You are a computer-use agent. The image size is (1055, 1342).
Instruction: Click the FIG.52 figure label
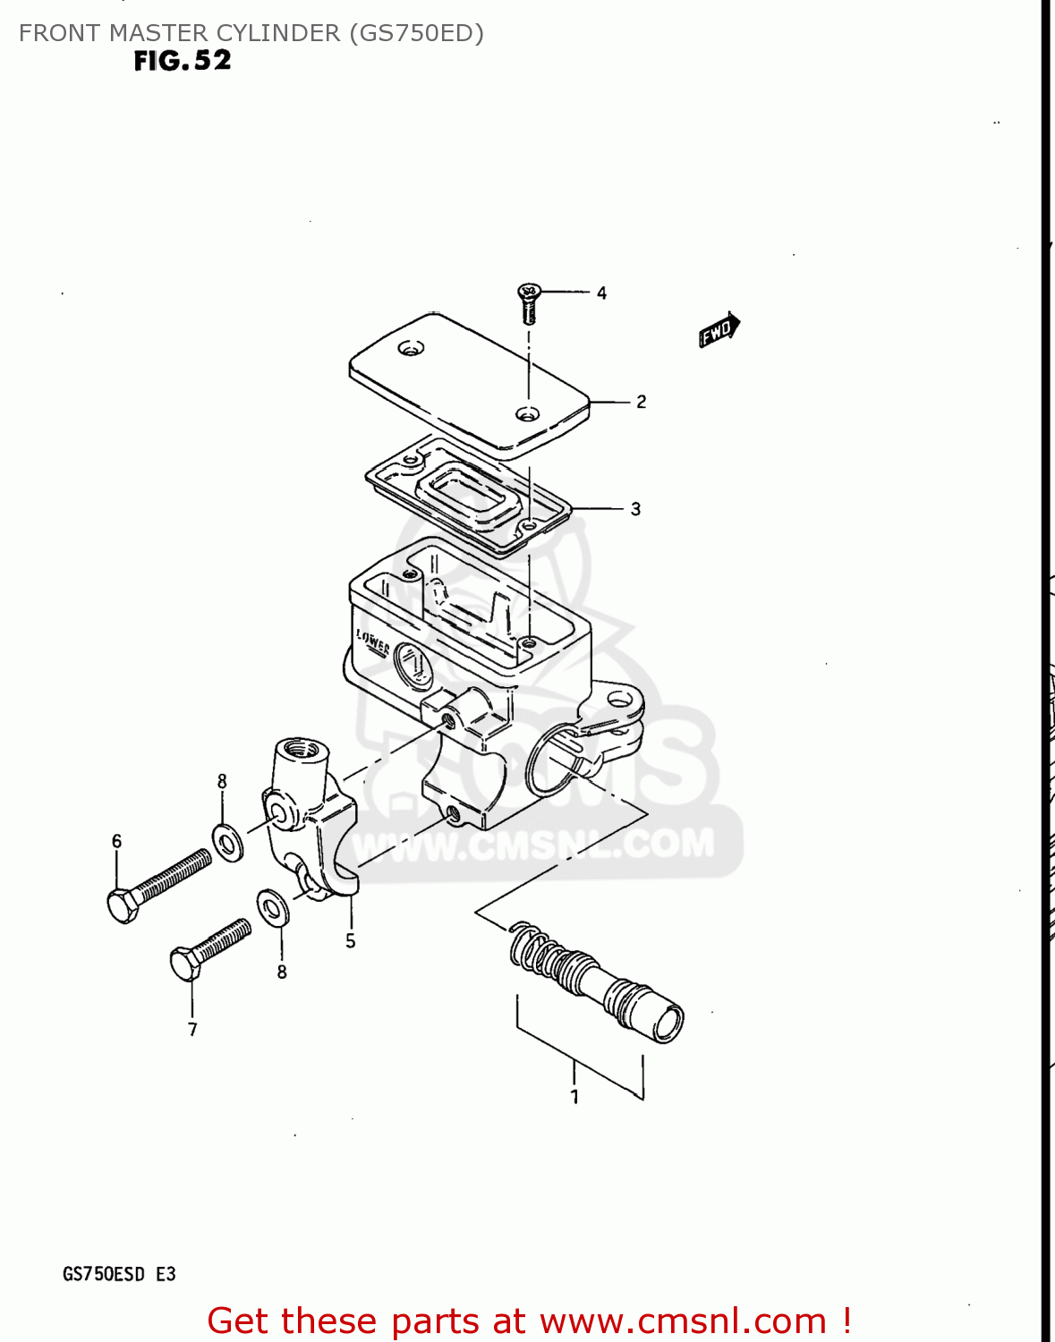(x=183, y=61)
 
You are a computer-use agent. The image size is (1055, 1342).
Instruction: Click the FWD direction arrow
(x=719, y=330)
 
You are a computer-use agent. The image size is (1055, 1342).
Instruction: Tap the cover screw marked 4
(x=530, y=302)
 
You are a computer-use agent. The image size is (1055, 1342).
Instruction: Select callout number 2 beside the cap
(x=641, y=402)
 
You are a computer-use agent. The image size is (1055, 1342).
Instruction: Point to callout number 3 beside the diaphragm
(x=635, y=509)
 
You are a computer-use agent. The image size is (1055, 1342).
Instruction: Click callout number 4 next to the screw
(x=601, y=293)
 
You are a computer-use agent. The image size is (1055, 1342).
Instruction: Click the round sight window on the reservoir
(x=412, y=666)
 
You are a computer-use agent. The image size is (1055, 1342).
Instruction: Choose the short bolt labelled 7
(x=209, y=949)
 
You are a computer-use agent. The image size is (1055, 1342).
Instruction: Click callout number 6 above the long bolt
(x=116, y=841)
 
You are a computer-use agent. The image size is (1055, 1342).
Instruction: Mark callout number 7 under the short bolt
(x=192, y=1030)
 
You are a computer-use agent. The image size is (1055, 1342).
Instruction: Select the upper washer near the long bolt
(x=228, y=842)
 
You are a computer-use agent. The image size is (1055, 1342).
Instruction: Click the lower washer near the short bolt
(x=273, y=908)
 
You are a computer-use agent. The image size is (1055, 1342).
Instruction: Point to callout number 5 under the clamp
(x=351, y=941)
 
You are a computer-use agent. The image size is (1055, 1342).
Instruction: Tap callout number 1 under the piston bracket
(x=574, y=1097)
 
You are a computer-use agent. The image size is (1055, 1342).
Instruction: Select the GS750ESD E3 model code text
(x=119, y=1274)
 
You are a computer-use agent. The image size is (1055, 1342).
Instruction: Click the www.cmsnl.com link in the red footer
(x=683, y=1321)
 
